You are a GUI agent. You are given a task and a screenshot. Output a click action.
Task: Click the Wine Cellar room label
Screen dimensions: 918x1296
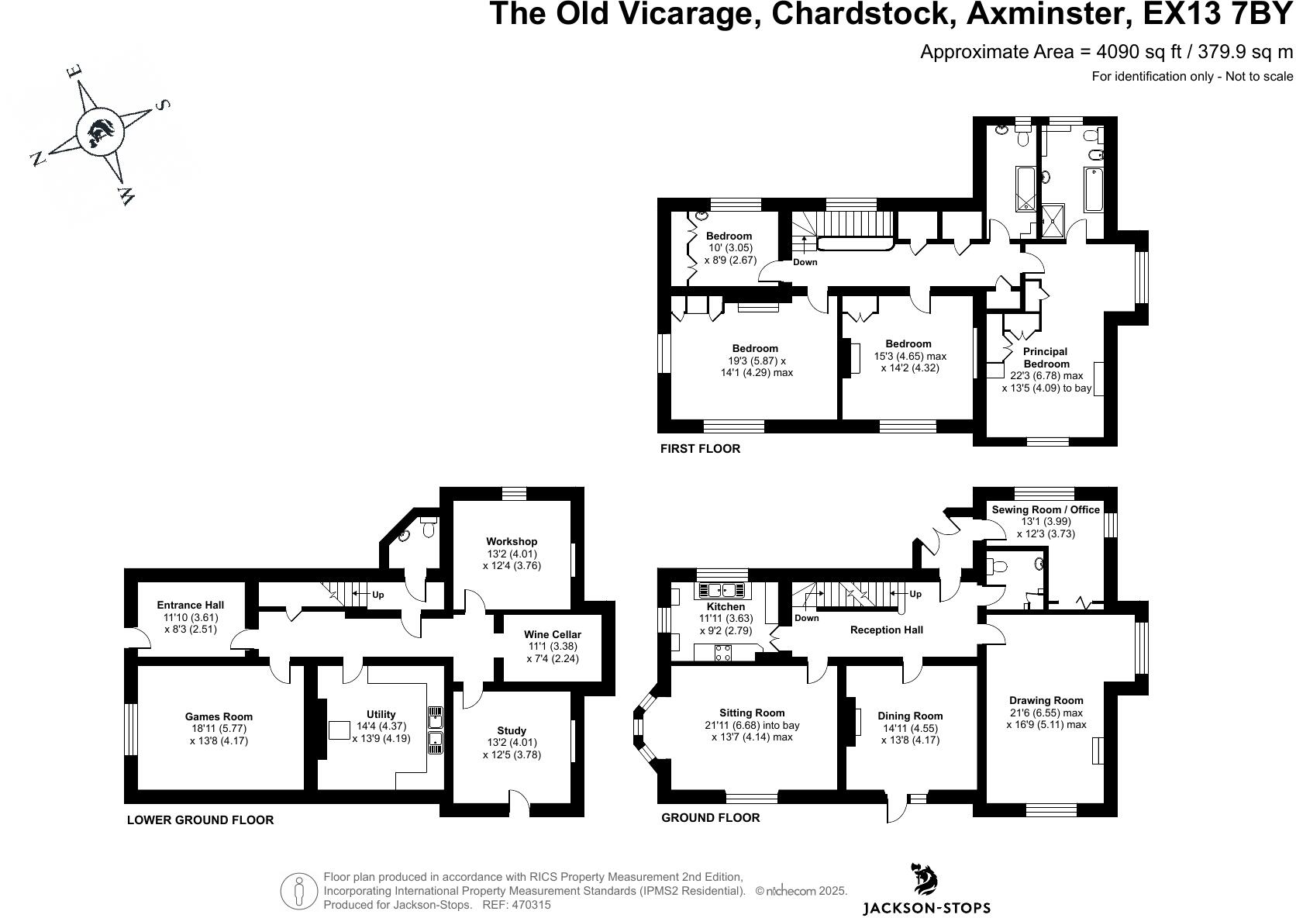click(552, 634)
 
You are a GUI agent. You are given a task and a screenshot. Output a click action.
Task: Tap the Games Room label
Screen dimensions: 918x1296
click(219, 716)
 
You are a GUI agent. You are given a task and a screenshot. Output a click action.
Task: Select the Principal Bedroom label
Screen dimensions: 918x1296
click(1046, 357)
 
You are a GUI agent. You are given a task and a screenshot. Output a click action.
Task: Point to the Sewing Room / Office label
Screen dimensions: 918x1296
click(1046, 509)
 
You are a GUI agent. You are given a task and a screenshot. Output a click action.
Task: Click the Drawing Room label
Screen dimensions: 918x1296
click(1046, 700)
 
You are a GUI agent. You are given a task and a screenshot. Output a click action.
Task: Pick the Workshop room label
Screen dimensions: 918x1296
click(512, 541)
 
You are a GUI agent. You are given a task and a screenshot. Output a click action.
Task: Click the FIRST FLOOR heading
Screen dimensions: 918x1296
click(700, 448)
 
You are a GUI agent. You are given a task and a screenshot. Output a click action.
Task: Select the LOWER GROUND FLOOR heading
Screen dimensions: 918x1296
click(200, 820)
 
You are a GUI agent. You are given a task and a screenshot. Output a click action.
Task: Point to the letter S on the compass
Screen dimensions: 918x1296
click(163, 105)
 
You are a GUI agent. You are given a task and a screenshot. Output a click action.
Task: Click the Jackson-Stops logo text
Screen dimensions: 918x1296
click(926, 908)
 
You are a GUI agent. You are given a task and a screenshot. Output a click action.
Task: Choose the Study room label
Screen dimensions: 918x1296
click(512, 730)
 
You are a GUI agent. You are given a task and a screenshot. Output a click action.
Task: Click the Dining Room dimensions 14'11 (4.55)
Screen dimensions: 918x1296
click(910, 728)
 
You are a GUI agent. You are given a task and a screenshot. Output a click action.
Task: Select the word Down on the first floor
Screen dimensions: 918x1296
click(805, 262)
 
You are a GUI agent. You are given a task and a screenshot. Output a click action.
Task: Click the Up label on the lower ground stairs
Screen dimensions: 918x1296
click(378, 595)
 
